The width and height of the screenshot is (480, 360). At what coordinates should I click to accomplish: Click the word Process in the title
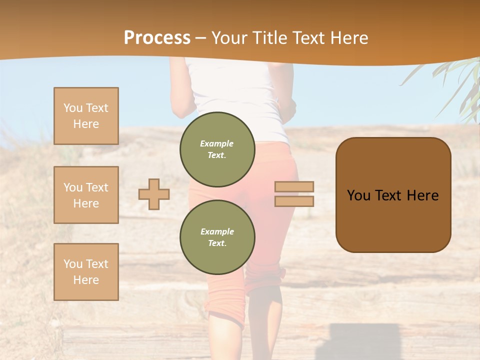click(x=157, y=38)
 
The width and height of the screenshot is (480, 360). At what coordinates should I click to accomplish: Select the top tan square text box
click(x=86, y=116)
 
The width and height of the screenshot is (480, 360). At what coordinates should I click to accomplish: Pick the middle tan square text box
click(x=86, y=195)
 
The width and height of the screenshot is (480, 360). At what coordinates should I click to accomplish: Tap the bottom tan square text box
click(x=86, y=271)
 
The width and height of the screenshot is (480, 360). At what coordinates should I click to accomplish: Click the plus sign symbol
click(x=154, y=194)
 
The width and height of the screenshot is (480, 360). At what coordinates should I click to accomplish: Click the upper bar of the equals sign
click(x=294, y=186)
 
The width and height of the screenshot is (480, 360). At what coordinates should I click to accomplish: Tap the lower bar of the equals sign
click(x=294, y=201)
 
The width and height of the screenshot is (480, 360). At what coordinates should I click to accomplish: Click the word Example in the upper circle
click(x=217, y=143)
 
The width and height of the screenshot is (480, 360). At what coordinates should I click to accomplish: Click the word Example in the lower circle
click(x=217, y=231)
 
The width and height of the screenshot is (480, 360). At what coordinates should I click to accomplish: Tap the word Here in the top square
click(x=86, y=124)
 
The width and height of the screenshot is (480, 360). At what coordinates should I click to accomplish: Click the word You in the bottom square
click(x=72, y=263)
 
